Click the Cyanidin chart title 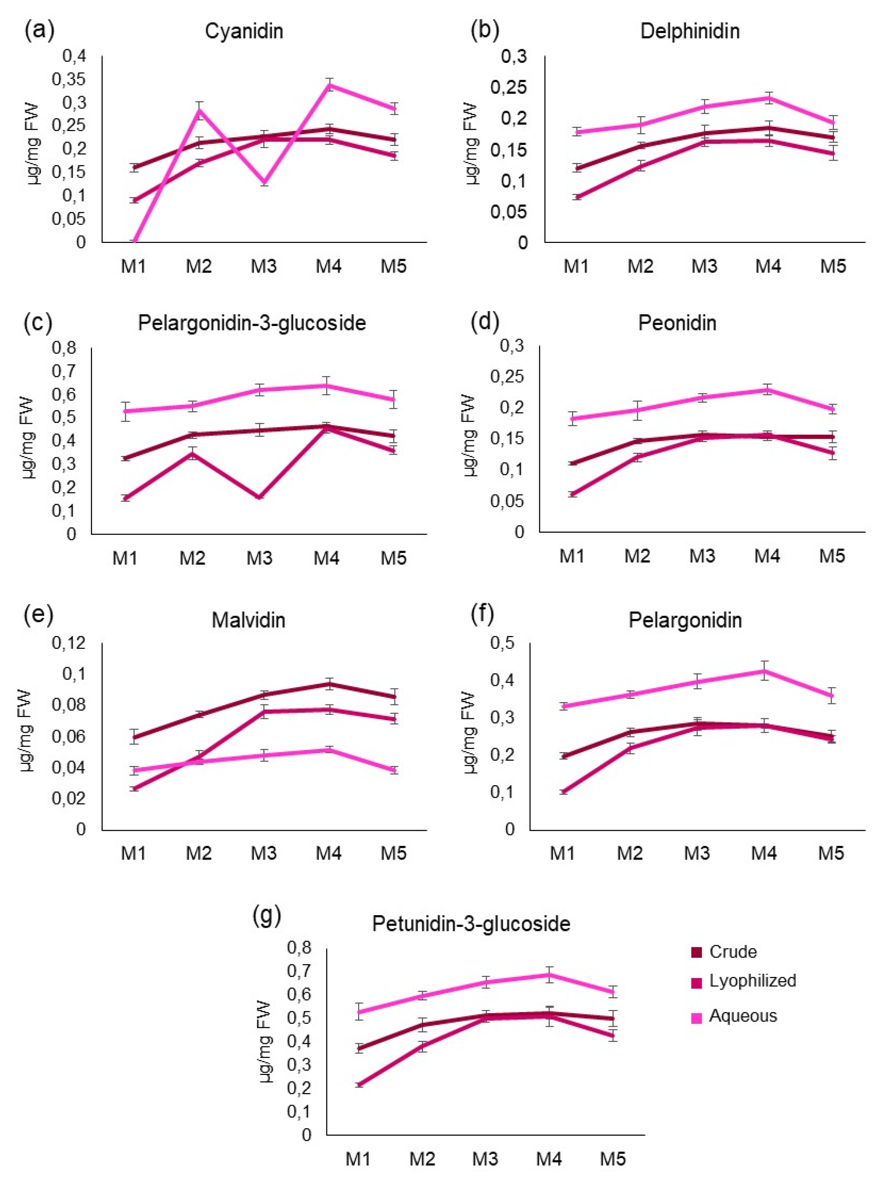click(x=244, y=32)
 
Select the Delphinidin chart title click(x=690, y=32)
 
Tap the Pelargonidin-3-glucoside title click(x=252, y=323)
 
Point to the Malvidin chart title click(x=248, y=620)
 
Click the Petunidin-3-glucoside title click(x=471, y=923)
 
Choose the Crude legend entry click(x=732, y=951)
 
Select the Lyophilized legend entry click(x=752, y=980)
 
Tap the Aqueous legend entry click(x=743, y=1016)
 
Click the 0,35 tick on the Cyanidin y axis click(x=69, y=79)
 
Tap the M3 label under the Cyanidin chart click(x=264, y=266)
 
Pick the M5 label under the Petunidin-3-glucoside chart click(x=613, y=1158)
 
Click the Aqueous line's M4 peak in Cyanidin click(x=329, y=85)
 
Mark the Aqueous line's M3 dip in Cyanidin click(x=264, y=183)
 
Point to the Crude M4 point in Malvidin click(x=329, y=684)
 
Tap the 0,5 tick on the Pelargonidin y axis click(x=503, y=643)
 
